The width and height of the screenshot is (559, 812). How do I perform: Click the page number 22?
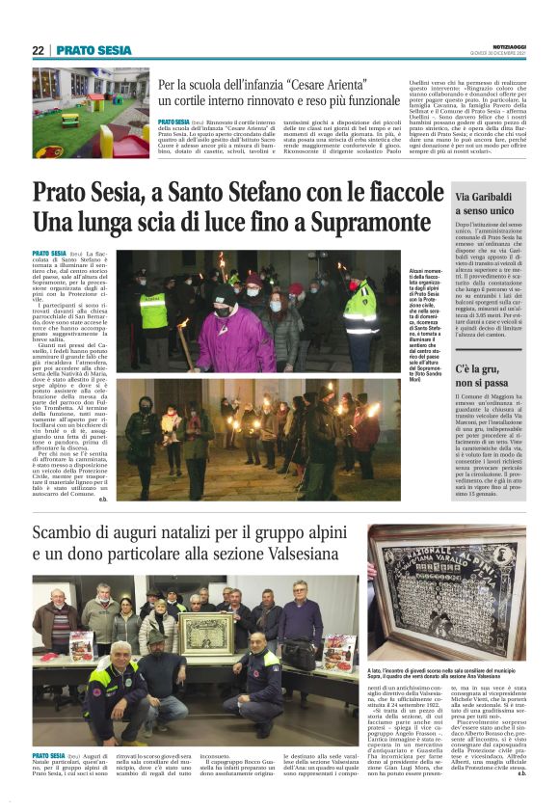(x=38, y=50)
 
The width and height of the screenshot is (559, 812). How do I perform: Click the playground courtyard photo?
(x=91, y=113)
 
